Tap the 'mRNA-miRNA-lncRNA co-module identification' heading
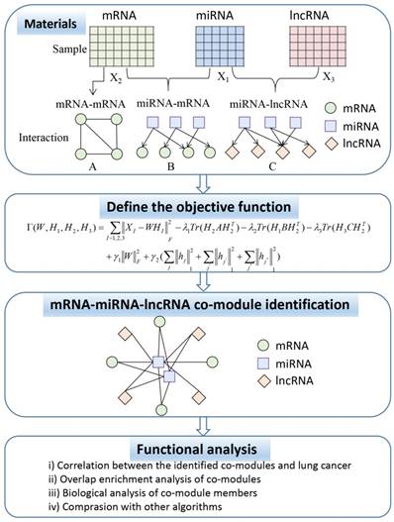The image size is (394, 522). pos(198,301)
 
